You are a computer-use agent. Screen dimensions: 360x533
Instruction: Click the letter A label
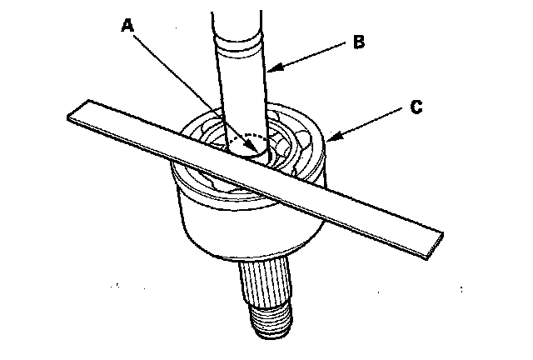(x=127, y=26)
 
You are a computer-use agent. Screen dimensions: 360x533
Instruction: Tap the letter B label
(x=359, y=42)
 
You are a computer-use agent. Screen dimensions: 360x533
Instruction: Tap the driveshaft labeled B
(x=242, y=92)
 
